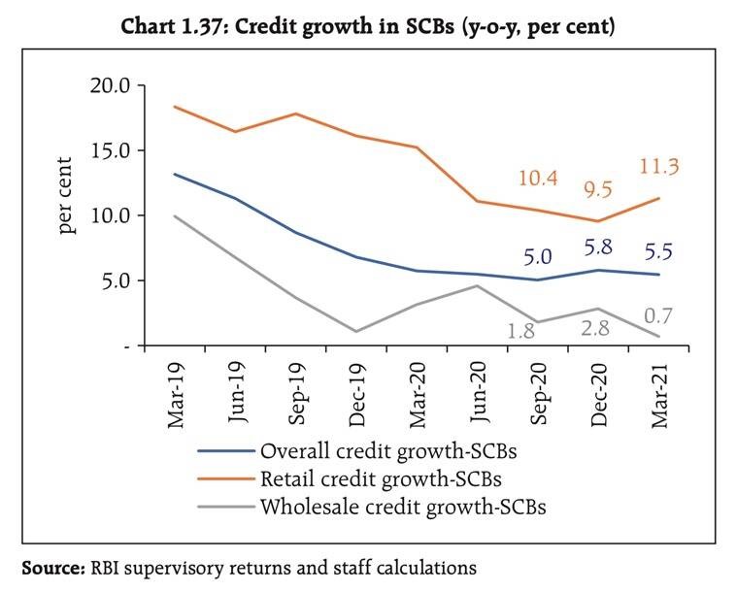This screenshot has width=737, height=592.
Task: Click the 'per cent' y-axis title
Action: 67,194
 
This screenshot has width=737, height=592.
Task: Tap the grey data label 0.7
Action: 659,315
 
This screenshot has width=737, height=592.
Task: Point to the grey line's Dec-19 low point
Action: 357,331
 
